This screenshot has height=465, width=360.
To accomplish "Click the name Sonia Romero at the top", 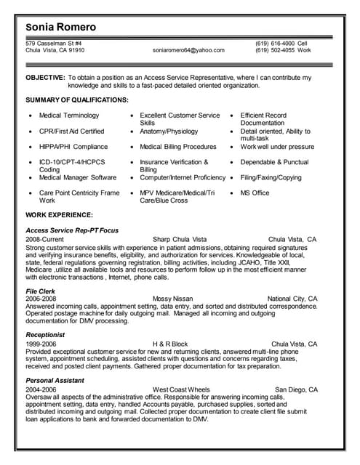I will click(60, 28).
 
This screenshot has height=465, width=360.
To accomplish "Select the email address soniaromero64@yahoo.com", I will click(188, 51).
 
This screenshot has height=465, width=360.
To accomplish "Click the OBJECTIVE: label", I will click(44, 77).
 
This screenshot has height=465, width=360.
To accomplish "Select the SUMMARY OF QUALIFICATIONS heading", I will click(77, 99).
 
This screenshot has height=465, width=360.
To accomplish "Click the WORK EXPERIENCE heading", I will click(59, 215).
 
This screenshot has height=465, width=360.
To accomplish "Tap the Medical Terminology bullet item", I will click(68, 116).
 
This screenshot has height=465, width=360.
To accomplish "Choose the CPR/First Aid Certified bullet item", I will click(71, 132).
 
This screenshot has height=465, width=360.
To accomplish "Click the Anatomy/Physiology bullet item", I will click(169, 132).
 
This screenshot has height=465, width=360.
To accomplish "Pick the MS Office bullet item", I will click(255, 193).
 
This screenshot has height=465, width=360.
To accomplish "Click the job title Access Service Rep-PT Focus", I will click(72, 230).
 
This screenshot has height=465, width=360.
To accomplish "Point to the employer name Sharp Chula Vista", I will click(180, 239).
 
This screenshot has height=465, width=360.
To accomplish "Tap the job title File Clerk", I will click(41, 291).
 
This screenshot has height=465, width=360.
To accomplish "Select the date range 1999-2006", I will click(41, 344).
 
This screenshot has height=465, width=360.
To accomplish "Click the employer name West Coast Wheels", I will click(181, 389).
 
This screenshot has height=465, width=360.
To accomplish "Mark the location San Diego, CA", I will click(296, 389).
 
